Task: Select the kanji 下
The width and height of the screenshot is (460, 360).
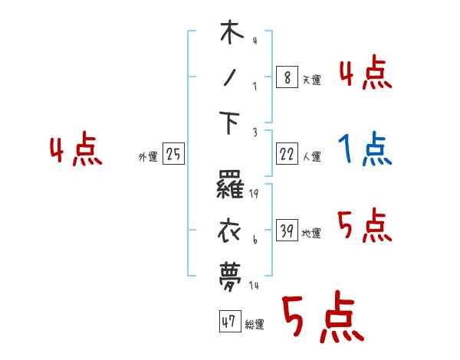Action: pos(232,123)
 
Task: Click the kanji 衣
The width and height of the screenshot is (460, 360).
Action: pos(232,229)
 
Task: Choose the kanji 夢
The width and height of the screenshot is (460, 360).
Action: pos(232,274)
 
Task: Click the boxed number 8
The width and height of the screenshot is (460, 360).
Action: pos(286,77)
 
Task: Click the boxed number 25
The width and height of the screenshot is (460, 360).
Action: pos(173,155)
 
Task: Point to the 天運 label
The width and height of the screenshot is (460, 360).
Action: pos(310,79)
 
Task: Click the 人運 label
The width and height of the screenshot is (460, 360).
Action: pos(311,156)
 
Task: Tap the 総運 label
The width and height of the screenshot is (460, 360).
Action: pos(255,324)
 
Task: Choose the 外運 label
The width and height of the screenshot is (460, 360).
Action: pos(148,156)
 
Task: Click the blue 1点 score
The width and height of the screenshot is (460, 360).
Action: pos(366,149)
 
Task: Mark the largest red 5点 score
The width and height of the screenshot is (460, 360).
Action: pos(321,319)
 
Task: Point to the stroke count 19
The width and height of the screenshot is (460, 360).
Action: pos(253,194)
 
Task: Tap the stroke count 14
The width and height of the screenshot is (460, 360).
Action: pos(253,285)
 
